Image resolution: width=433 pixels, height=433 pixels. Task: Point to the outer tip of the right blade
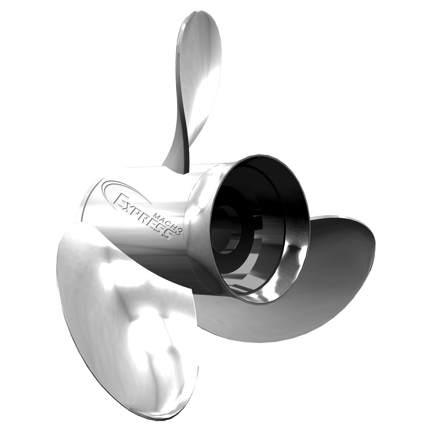372,240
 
